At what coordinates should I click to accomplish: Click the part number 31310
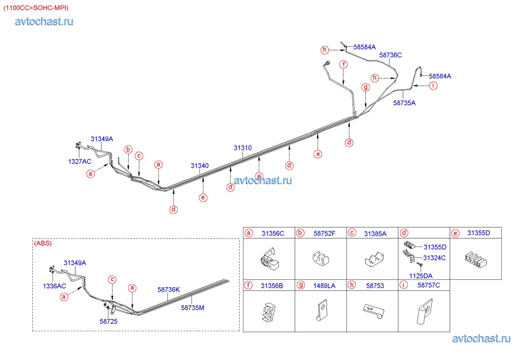(242, 148)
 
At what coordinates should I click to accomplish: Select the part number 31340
(199, 165)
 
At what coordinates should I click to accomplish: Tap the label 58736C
(390, 55)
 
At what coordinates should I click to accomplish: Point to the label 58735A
(404, 103)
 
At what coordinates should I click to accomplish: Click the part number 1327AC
(80, 161)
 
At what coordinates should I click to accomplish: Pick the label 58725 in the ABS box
(109, 321)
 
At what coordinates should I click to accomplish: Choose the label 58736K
(169, 290)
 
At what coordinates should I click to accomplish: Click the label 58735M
(192, 308)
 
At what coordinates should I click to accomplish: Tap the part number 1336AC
(54, 286)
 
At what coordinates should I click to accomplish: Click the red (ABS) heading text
(43, 243)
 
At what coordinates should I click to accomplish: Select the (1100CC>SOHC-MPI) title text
(36, 8)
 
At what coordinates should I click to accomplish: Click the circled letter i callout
(433, 86)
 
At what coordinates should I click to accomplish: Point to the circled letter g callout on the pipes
(365, 87)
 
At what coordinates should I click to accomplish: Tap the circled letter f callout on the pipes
(343, 64)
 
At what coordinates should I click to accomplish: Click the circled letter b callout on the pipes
(128, 150)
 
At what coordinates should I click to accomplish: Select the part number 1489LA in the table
(324, 286)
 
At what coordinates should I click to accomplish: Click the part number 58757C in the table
(429, 285)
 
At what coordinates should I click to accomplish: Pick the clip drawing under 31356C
(269, 258)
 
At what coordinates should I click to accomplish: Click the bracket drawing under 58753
(374, 310)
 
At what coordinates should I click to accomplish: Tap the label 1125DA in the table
(421, 276)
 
